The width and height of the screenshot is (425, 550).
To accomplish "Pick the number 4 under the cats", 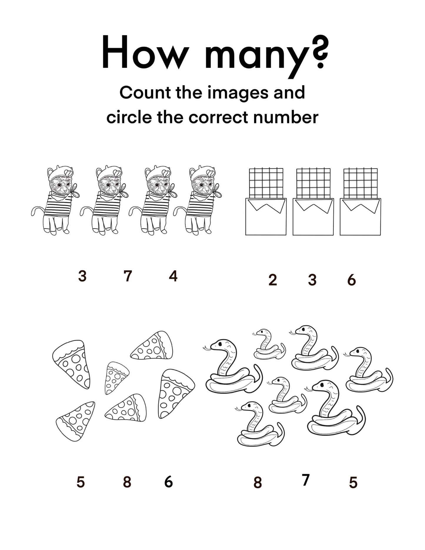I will click(x=173, y=276).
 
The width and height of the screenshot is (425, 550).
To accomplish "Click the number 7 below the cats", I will click(x=128, y=276).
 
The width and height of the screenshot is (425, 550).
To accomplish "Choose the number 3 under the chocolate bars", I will click(x=312, y=280).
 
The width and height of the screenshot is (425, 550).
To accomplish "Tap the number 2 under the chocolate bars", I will click(x=273, y=280).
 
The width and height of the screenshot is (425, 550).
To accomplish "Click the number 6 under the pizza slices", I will click(x=169, y=482).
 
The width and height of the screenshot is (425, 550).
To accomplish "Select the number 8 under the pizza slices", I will click(x=127, y=482).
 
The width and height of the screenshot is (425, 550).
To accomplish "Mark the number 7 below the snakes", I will click(x=306, y=480).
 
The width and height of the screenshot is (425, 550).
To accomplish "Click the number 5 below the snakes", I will click(x=353, y=483).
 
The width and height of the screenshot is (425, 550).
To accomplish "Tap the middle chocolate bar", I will click(x=313, y=202).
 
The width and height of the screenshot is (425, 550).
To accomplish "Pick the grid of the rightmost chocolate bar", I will click(x=360, y=183).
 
